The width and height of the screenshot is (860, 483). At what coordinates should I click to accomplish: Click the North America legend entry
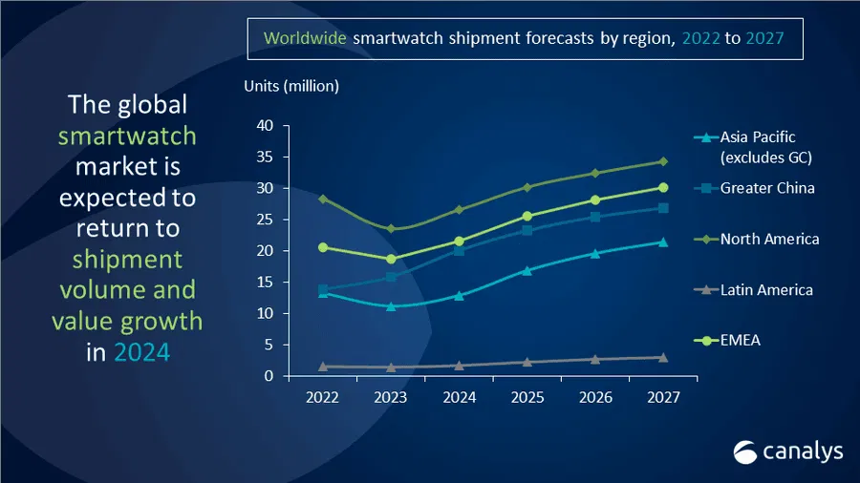pyautogui.click(x=769, y=239)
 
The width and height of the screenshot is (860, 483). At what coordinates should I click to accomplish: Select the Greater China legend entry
pyautogui.click(x=767, y=187)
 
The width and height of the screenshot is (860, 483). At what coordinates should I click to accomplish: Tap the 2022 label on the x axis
pyautogui.click(x=323, y=398)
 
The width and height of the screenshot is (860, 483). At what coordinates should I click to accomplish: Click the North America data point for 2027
pyautogui.click(x=663, y=161)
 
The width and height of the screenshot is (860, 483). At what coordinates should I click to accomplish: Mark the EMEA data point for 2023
pyautogui.click(x=391, y=259)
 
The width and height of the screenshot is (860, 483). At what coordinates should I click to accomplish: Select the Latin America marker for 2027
pyautogui.click(x=663, y=357)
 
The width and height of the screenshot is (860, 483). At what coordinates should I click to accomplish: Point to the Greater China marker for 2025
pyautogui.click(x=527, y=230)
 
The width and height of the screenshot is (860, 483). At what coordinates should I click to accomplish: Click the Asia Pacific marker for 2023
pyautogui.click(x=391, y=306)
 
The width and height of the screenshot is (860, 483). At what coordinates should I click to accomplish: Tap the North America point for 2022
pyautogui.click(x=323, y=199)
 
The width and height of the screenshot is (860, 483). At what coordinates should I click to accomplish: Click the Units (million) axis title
pyautogui.click(x=291, y=87)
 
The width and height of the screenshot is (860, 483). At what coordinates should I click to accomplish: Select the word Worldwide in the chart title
pyautogui.click(x=306, y=39)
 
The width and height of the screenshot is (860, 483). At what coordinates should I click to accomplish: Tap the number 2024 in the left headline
pyautogui.click(x=141, y=351)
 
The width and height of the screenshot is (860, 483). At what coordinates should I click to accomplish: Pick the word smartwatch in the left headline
pyautogui.click(x=127, y=135)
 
